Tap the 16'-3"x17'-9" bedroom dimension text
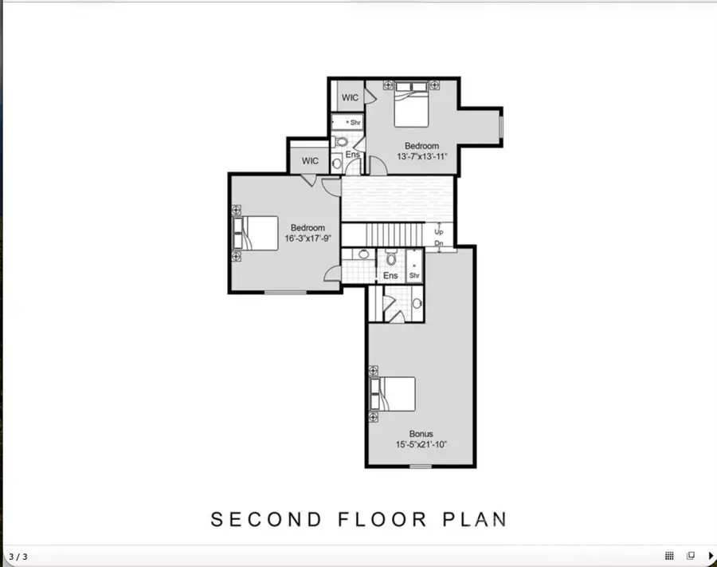[x=308, y=238]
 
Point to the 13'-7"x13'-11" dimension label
[x=421, y=156]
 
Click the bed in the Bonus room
[x=394, y=393]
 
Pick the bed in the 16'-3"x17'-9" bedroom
[x=257, y=233]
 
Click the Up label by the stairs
[x=438, y=231]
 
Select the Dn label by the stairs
[x=438, y=243]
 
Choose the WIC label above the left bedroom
[x=310, y=161]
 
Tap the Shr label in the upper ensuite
[x=355, y=123]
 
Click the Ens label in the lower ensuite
[x=390, y=276]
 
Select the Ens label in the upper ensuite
[x=352, y=154]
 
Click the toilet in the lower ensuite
[x=391, y=258]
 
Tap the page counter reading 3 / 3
[x=18, y=557]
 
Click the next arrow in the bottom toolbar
[x=710, y=556]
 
